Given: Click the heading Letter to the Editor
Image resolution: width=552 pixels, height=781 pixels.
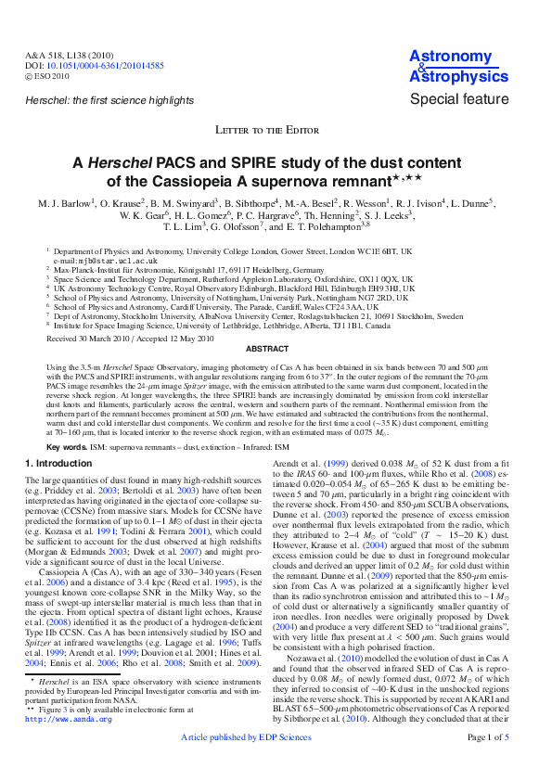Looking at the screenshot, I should tap(276, 130).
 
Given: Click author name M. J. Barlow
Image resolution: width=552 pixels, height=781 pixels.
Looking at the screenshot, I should tap(64, 202).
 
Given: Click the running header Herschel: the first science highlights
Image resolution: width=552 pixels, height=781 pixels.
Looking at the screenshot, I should tap(109, 99).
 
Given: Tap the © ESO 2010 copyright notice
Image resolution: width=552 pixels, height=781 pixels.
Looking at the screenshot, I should tap(47, 76).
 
